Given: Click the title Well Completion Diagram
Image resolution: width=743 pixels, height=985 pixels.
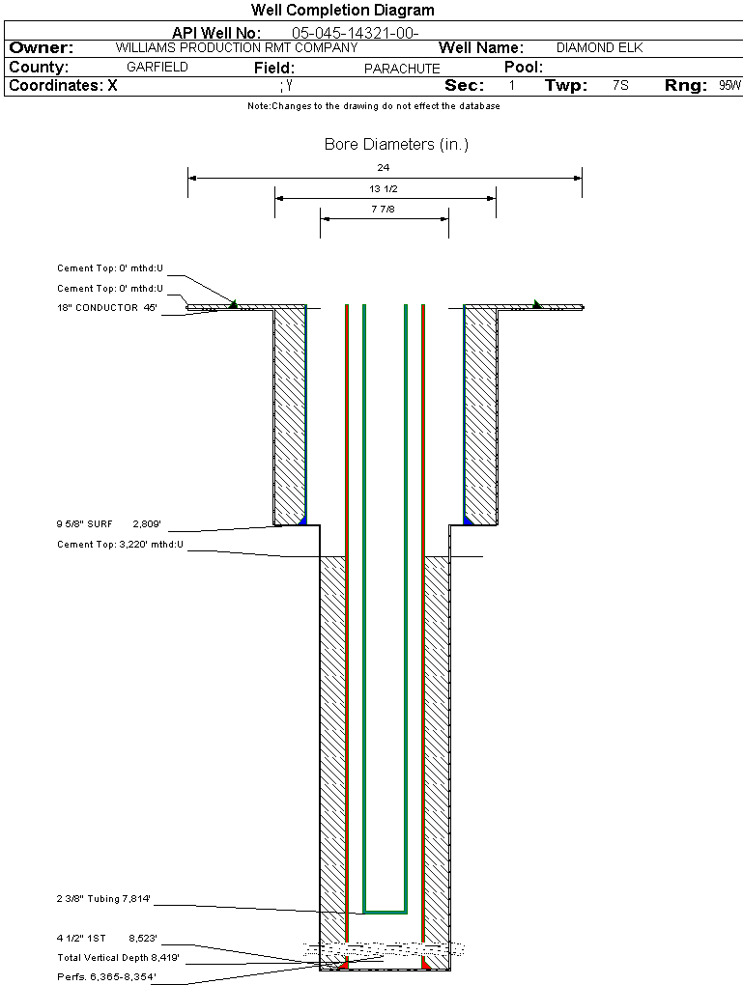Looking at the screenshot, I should tap(342, 11).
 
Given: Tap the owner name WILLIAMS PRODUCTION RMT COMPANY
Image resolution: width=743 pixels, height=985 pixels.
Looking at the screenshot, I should tap(237, 47).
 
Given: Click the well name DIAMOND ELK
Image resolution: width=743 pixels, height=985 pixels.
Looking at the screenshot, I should tap(599, 47).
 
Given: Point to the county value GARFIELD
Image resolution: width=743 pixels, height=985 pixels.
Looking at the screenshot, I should tap(157, 68).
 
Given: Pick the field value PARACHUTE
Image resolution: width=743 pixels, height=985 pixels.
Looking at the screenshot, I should tap(402, 69).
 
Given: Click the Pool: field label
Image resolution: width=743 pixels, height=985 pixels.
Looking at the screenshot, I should tap(525, 68).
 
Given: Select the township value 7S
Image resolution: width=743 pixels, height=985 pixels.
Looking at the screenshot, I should tap(620, 85).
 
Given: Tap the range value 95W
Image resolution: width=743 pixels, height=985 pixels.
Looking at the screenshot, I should tap(729, 85).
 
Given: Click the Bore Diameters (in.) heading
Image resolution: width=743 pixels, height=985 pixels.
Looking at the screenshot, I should tap(396, 145).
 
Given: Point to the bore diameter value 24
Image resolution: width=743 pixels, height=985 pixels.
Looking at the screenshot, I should tap(384, 168).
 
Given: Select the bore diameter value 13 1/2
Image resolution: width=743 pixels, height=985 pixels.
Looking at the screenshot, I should tap(384, 188).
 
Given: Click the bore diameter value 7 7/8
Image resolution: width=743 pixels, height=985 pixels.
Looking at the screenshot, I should tap(384, 209).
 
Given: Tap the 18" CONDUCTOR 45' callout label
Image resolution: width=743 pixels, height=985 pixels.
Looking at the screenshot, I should tap(107, 308).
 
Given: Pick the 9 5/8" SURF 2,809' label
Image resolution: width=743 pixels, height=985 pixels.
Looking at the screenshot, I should tap(108, 523).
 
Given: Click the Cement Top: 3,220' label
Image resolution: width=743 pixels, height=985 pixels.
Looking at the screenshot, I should tap(120, 545).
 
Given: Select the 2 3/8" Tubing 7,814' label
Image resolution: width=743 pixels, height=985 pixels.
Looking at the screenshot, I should tap(103, 899).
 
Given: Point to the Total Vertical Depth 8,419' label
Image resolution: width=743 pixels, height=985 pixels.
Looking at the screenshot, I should tap(118, 957).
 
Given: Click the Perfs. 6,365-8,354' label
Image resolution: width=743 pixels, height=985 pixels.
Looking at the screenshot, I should tap(106, 977).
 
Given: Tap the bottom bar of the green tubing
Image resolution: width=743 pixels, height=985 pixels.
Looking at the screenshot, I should tap(385, 912).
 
